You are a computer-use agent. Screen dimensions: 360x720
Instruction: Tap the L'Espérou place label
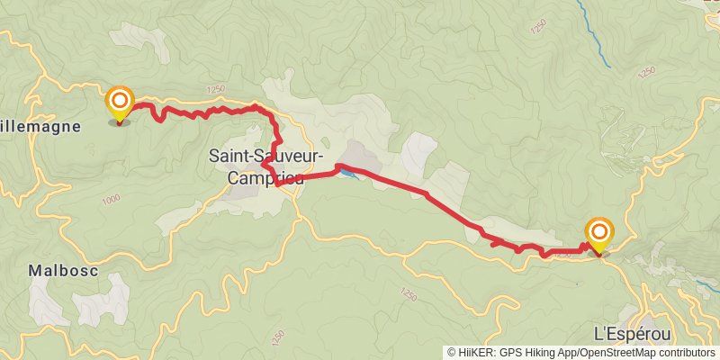pyautogui.click(x=633, y=334)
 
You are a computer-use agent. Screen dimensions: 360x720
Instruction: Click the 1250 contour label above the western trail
pyautogui.click(x=214, y=88)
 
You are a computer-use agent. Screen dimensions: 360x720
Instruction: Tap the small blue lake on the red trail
pyautogui.click(x=347, y=172)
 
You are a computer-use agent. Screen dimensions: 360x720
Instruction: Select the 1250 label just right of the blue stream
pyautogui.click(x=646, y=71)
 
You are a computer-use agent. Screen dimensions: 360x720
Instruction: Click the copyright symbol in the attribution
pyautogui.click(x=452, y=353)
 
